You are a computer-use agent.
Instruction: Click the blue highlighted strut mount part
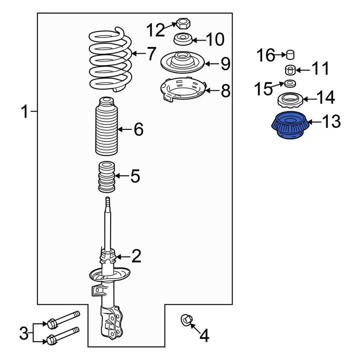290,125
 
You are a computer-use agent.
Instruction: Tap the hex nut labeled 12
183,24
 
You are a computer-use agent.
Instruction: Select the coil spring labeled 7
111,60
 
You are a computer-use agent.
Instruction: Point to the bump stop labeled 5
107,177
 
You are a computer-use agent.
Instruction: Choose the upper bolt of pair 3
63,320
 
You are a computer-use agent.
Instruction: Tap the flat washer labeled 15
290,84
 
